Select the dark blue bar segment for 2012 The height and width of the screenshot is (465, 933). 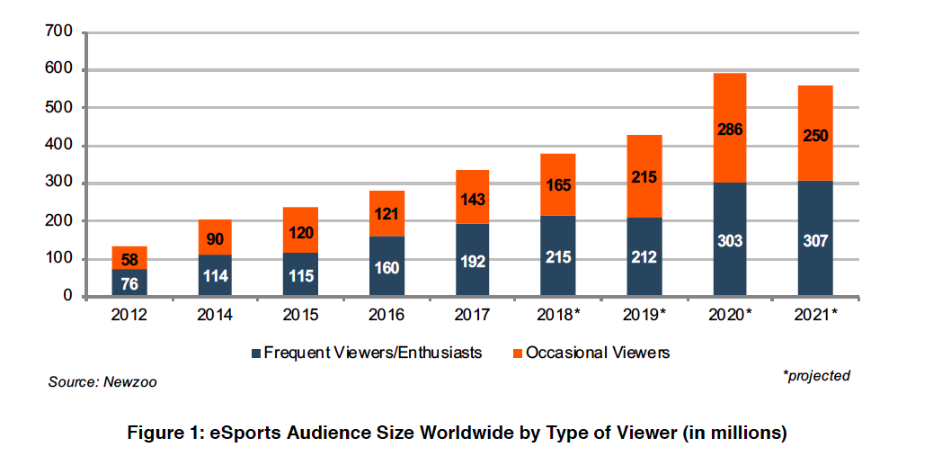(129, 282)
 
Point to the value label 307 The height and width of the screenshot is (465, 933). (814, 240)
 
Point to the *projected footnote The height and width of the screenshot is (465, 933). (816, 376)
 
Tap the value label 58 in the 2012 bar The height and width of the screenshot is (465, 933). (129, 259)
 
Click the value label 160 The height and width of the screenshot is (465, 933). (387, 267)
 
